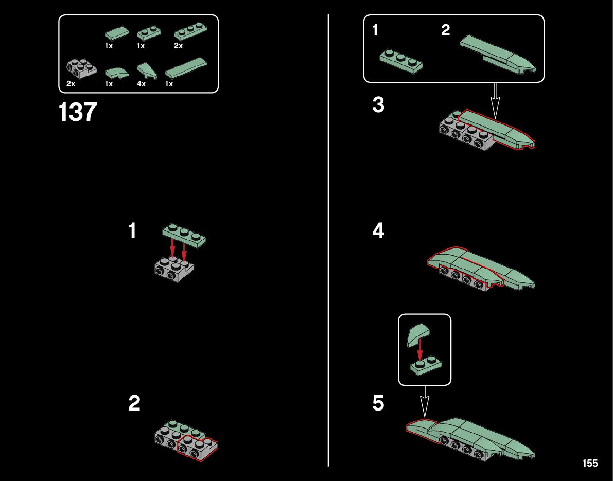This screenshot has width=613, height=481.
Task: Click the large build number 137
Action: point(77,112)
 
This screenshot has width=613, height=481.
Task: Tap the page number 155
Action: point(590,463)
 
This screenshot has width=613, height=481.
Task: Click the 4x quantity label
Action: point(141,84)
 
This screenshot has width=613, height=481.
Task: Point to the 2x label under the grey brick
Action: point(71,84)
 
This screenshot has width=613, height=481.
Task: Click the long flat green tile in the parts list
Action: point(186,67)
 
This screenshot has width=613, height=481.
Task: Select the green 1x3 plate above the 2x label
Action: point(190,31)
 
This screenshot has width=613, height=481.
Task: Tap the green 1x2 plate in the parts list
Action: point(149,33)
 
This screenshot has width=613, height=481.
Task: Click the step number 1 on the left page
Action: point(132,230)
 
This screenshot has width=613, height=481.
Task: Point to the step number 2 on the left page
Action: point(134,403)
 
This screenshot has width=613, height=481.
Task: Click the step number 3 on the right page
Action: point(378,105)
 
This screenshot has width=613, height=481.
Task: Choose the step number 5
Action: point(378,403)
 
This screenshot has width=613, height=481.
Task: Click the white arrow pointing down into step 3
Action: point(495,101)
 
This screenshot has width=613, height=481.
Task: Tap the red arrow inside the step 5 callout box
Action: point(419,349)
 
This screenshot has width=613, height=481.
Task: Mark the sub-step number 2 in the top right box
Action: point(446,30)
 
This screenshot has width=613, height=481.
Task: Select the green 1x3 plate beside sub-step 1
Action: point(401,61)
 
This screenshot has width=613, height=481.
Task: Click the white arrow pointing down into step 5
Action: point(425,402)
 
